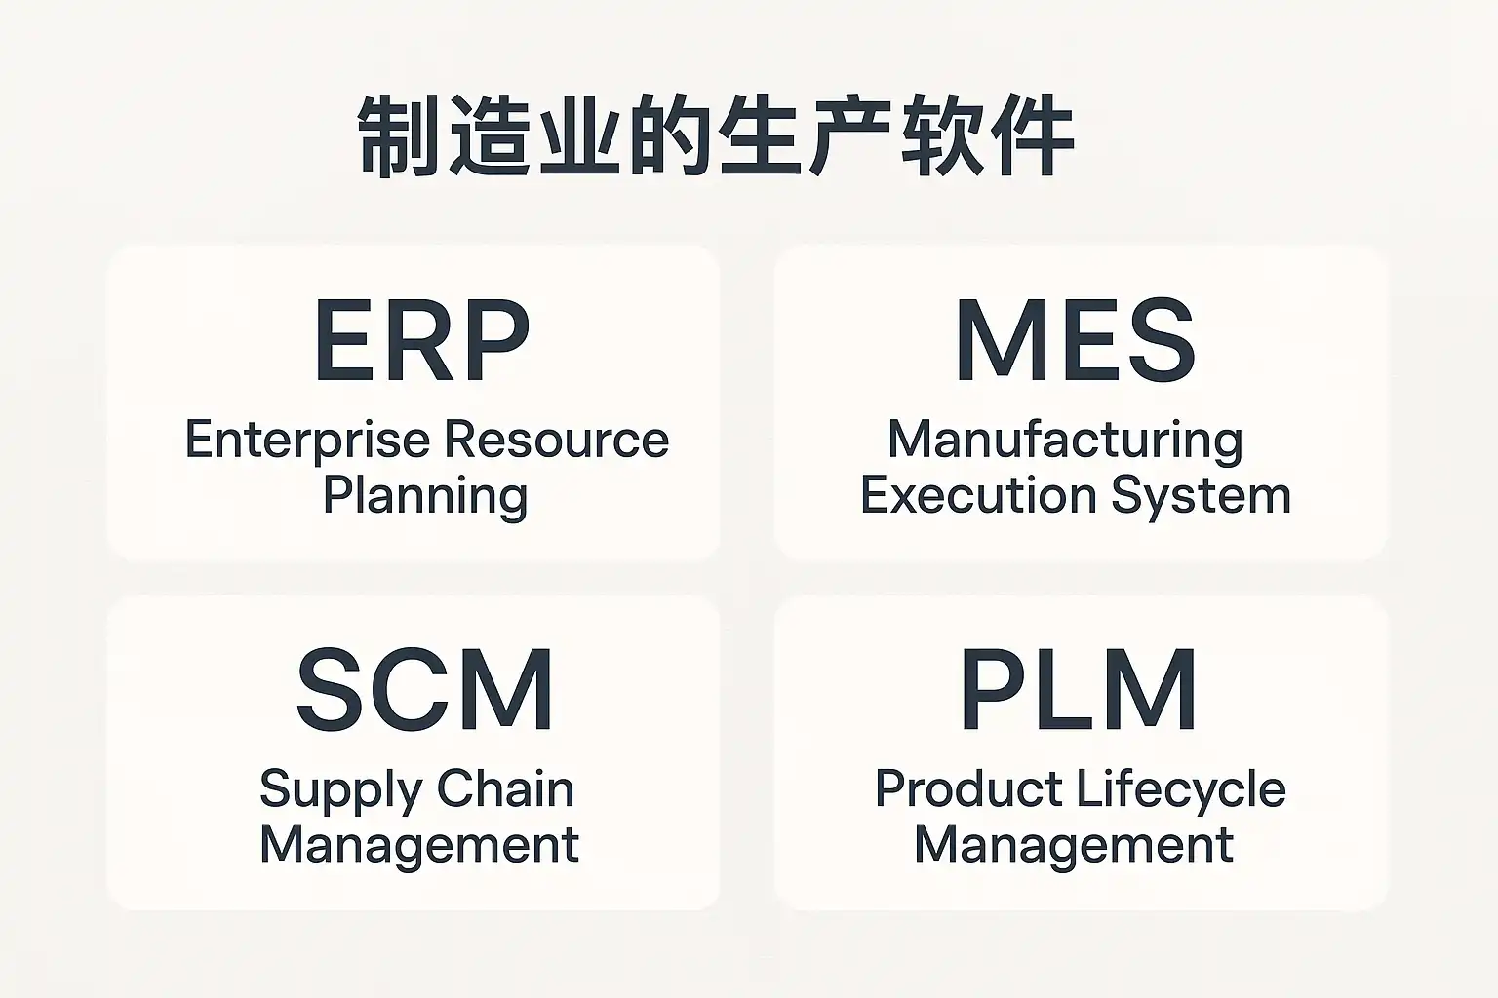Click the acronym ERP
(x=421, y=342)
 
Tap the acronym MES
(x=1075, y=342)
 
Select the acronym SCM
(x=425, y=691)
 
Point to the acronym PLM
(x=1079, y=691)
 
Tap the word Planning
(x=425, y=497)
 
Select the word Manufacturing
(x=1065, y=441)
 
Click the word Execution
(x=977, y=495)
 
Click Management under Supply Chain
(x=419, y=844)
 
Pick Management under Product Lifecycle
(x=1074, y=844)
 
